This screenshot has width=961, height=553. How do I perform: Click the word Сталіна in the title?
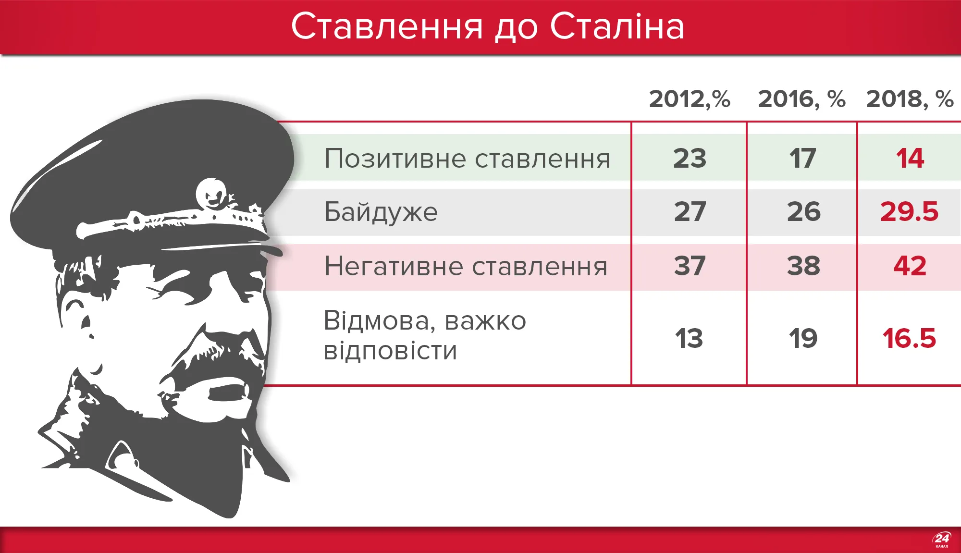617,26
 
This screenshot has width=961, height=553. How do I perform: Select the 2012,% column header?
690,99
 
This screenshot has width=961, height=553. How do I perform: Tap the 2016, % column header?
801,99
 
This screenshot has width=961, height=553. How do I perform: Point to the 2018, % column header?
910,99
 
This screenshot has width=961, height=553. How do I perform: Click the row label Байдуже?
381,212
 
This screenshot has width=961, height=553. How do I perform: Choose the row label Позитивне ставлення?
467,159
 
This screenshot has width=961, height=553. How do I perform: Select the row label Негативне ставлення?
466,266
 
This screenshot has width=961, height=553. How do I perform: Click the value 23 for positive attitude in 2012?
690,158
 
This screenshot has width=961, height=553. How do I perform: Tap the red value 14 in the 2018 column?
910,158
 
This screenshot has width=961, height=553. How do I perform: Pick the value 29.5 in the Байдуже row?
909,212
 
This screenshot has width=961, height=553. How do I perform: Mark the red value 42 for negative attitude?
910,266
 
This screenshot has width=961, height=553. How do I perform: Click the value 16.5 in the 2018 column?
909,338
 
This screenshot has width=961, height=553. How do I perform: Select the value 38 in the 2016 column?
803,266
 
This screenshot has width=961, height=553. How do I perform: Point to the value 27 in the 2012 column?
690,212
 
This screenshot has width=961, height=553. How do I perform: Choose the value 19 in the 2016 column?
803,338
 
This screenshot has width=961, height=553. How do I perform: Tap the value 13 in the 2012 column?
689,338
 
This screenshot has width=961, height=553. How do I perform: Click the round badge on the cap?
211,193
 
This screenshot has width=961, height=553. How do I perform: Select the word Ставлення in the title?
387,26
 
